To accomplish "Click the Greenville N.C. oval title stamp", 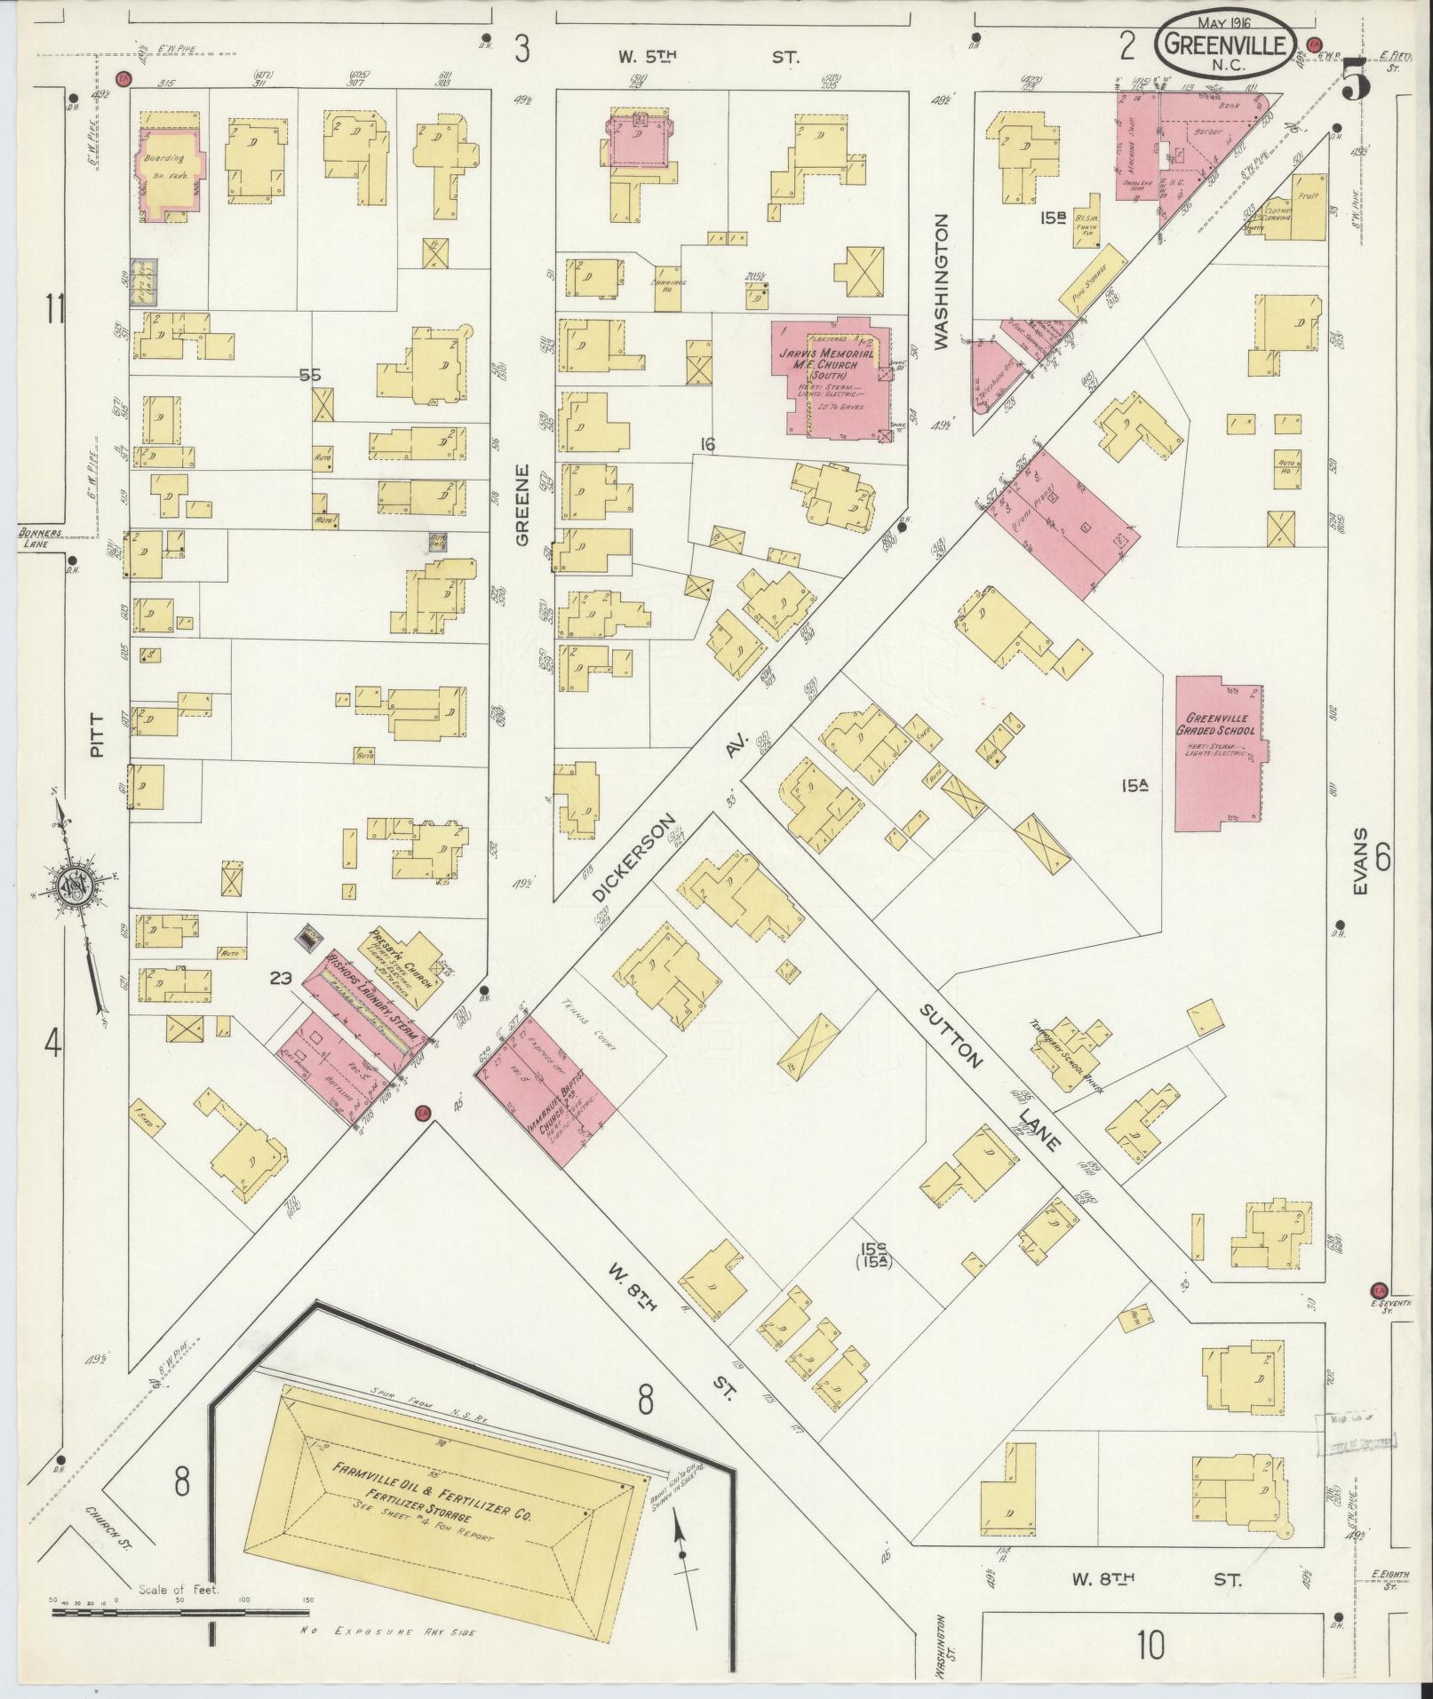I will pos(1223,44).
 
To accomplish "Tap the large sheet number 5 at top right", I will pos(1357,81).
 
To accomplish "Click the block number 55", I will pos(309,376).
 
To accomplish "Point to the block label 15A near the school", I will pos(1133,785).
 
